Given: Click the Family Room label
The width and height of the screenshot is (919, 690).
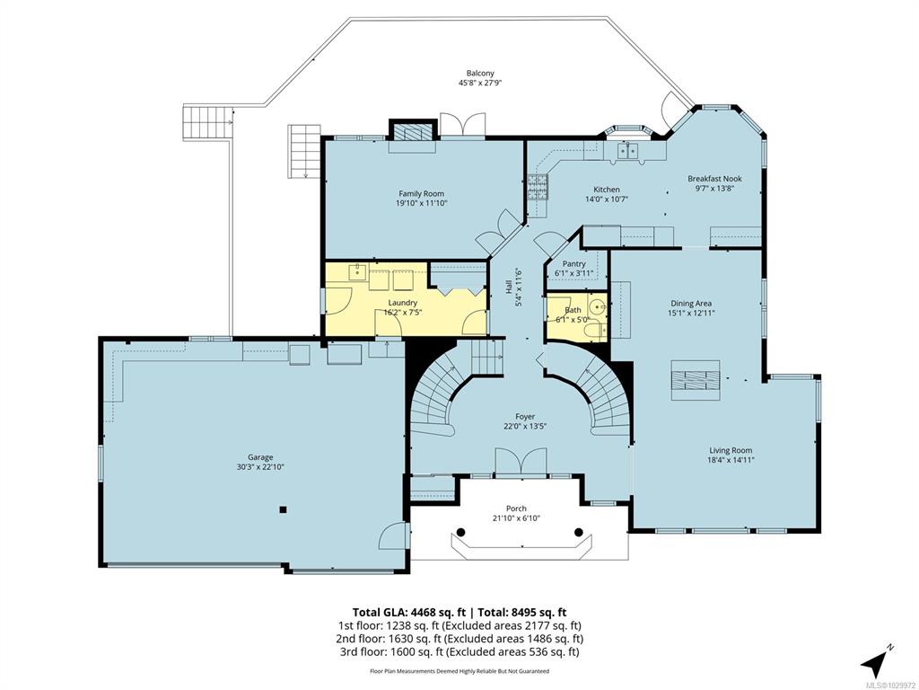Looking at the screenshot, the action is (421, 194).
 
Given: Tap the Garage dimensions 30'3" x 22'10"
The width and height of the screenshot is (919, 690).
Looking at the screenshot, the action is (259, 467).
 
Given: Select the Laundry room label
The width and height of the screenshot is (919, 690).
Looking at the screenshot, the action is (403, 303).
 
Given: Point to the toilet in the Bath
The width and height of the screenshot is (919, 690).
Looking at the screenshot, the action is (596, 332).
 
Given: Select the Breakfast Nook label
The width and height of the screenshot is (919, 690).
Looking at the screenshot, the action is (714, 179).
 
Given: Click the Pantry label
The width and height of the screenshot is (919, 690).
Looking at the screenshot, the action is (573, 264).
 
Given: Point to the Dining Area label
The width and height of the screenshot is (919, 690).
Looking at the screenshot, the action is (691, 304).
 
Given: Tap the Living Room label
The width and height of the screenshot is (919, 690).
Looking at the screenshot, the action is (731, 451).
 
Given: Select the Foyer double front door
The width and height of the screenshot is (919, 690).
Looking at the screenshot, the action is (521, 462).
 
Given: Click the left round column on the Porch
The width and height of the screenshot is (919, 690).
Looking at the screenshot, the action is (461, 532).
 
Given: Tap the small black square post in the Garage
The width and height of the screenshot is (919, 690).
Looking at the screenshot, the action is (283, 509).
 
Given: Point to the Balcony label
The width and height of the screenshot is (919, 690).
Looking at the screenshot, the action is (480, 74).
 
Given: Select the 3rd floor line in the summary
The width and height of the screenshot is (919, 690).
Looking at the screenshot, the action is (459, 652).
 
